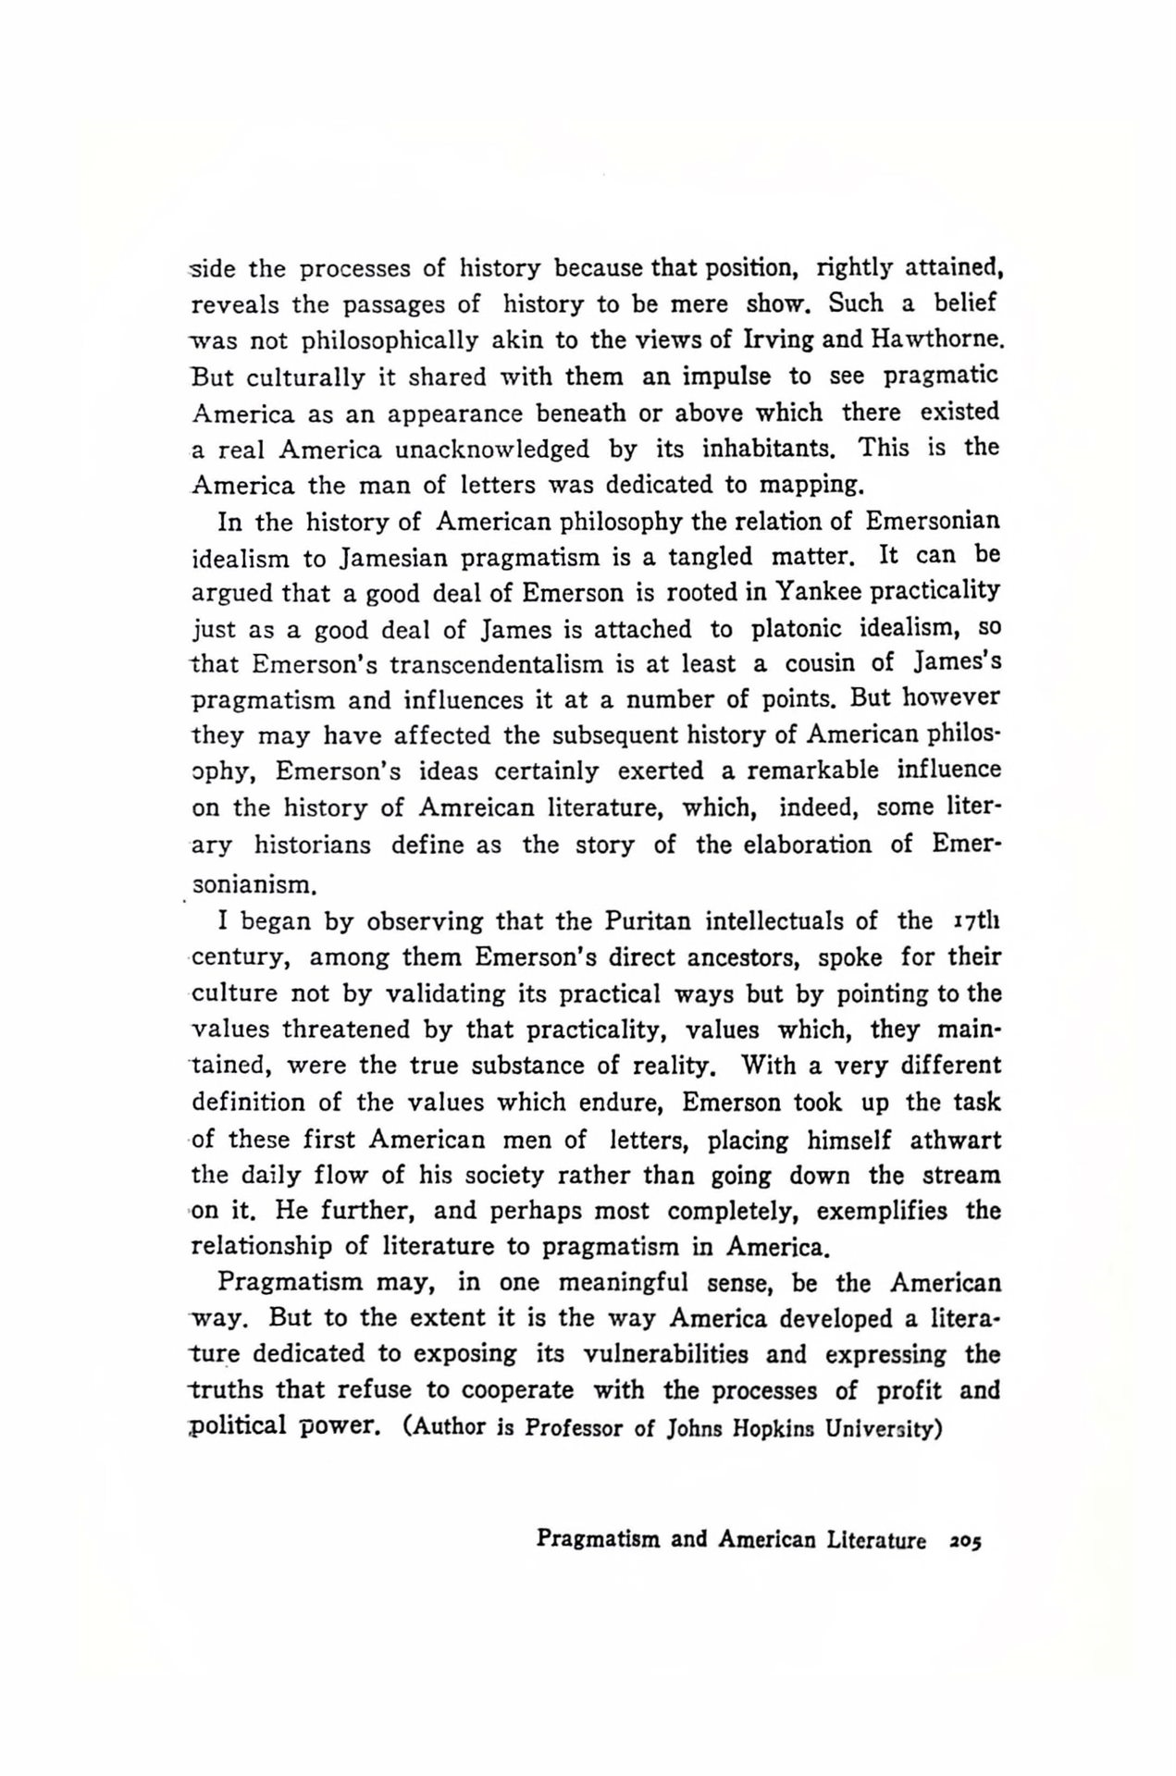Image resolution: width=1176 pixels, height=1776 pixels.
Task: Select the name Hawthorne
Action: coord(936,339)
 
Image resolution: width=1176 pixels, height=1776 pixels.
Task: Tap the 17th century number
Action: coord(974,921)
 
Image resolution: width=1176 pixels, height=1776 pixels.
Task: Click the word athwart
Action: coord(955,1140)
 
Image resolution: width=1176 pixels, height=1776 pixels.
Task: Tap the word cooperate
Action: coord(517,1391)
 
